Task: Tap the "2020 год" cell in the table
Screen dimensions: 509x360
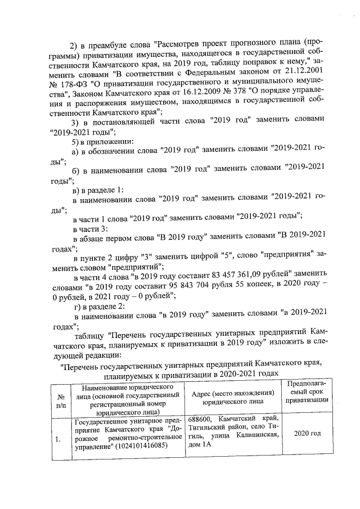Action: pos(308,434)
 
